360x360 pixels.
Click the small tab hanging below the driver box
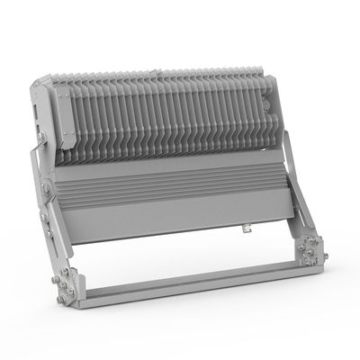click(245, 231)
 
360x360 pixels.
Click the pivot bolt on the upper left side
click(42, 137)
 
